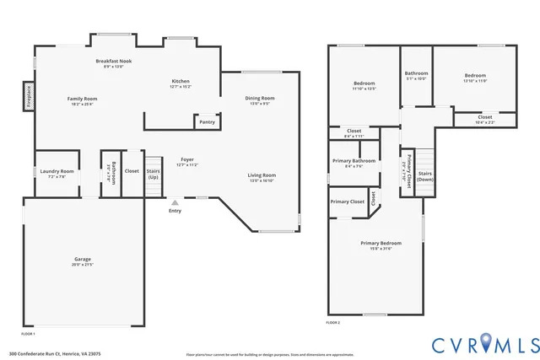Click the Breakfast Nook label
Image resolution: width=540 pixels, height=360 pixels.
[113, 63]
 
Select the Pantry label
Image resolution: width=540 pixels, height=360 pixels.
[207, 122]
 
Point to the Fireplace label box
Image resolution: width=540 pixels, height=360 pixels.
[28, 94]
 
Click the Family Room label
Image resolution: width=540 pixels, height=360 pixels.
[82, 101]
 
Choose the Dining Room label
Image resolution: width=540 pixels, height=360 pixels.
[260, 100]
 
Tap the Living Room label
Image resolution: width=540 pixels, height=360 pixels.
[262, 177]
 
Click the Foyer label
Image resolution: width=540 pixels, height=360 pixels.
[187, 161]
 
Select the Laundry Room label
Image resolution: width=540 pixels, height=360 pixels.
[57, 173]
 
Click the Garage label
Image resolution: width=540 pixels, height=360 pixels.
[82, 261]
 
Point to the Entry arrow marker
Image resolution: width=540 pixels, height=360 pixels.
[175, 202]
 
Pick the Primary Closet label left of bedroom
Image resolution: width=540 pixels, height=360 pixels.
[347, 201]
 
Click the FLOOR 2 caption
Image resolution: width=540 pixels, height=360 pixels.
[334, 323]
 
